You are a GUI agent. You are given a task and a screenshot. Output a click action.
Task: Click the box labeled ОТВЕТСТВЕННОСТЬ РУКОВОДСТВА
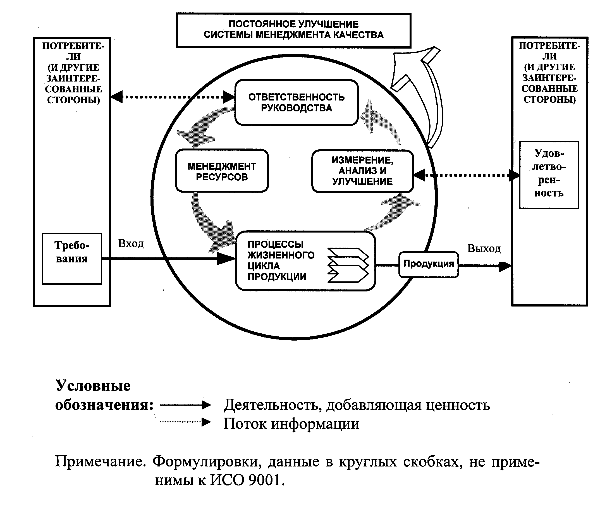[x=296, y=102]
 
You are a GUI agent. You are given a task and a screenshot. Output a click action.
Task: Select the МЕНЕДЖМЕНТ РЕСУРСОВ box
[x=222, y=171]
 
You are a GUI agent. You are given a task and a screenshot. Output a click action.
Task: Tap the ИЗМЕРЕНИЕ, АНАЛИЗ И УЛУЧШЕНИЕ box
[x=362, y=171]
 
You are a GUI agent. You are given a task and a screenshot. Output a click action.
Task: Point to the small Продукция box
[x=429, y=264]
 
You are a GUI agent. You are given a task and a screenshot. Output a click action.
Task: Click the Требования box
[x=72, y=258]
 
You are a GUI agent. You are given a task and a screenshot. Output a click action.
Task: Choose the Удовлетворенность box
[x=549, y=174]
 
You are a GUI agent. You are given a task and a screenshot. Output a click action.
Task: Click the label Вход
[x=131, y=243]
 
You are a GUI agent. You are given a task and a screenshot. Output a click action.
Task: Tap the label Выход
[x=484, y=248]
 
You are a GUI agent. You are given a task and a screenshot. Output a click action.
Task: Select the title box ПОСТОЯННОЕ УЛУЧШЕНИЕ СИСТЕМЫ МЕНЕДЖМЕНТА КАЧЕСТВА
[x=293, y=30]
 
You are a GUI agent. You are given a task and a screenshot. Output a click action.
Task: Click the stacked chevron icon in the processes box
[x=348, y=265]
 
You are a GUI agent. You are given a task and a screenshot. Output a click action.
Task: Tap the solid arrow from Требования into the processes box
[x=169, y=258]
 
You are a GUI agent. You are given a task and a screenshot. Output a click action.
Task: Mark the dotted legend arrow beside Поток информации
[x=185, y=422]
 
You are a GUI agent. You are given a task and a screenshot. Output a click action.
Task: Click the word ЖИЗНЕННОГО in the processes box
[x=281, y=255]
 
